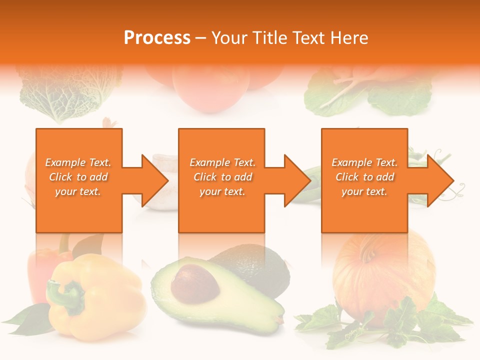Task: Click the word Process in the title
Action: pyautogui.click(x=157, y=38)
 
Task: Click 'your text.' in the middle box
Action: pyautogui.click(x=222, y=191)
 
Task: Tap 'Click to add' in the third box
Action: pyautogui.click(x=365, y=177)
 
